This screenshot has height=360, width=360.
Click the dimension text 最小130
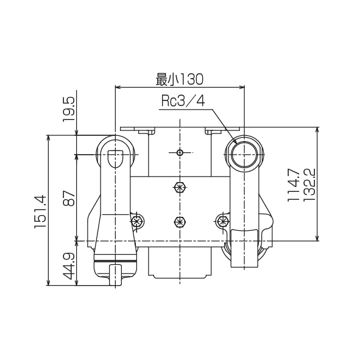(179, 79)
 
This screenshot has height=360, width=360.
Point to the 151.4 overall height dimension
(41, 211)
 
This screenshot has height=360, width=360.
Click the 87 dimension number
(69, 198)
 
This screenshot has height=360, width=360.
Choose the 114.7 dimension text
(293, 185)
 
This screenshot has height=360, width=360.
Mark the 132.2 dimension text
(308, 185)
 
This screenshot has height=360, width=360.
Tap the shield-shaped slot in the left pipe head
(115, 157)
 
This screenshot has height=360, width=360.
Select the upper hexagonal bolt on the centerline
(179, 188)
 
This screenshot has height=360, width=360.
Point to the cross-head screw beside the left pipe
(138, 220)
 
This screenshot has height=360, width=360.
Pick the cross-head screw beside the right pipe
(222, 220)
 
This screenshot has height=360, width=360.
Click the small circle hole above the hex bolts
(179, 152)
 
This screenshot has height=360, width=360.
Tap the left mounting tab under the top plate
(147, 132)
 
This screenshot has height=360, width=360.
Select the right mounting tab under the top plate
(213, 132)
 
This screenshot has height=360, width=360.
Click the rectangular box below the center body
(179, 263)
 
